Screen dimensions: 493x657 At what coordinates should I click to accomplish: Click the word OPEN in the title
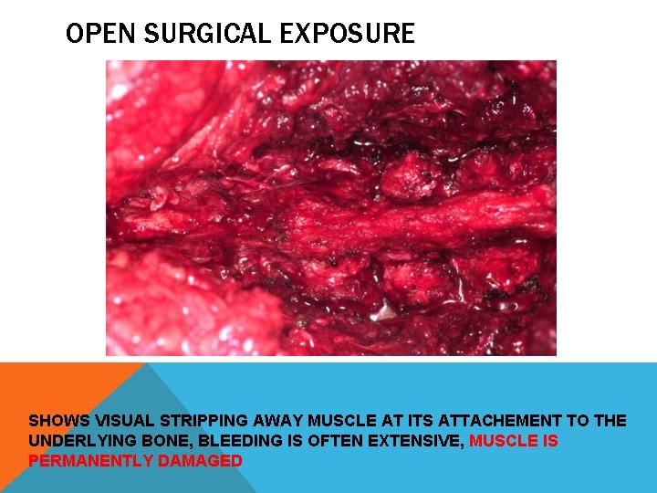point(93,35)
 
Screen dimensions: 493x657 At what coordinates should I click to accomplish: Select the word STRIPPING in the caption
point(203,421)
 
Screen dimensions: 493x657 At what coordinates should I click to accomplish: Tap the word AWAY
point(277,421)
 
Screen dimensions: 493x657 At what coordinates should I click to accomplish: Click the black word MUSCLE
point(341,421)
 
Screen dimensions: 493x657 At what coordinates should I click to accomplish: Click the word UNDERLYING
point(78,441)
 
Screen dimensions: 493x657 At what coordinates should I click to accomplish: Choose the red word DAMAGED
point(200,461)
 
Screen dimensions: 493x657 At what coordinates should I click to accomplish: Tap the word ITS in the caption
point(412,421)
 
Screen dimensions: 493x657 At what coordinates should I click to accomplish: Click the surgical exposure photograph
point(330,207)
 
